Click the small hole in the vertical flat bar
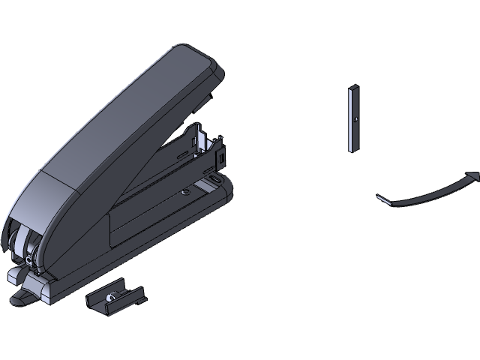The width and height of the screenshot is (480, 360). tap(354, 118)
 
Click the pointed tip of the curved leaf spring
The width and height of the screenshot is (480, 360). tap(474, 175)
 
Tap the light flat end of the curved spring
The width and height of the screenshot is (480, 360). tap(383, 199)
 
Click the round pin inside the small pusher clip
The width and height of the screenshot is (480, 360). tap(110, 298)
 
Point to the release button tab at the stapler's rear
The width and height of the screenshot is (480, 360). tap(22, 299)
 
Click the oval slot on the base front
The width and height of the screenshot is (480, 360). tap(217, 179)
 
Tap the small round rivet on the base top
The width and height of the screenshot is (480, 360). tap(185, 192)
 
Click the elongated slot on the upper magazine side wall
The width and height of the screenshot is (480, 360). tap(181, 153)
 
